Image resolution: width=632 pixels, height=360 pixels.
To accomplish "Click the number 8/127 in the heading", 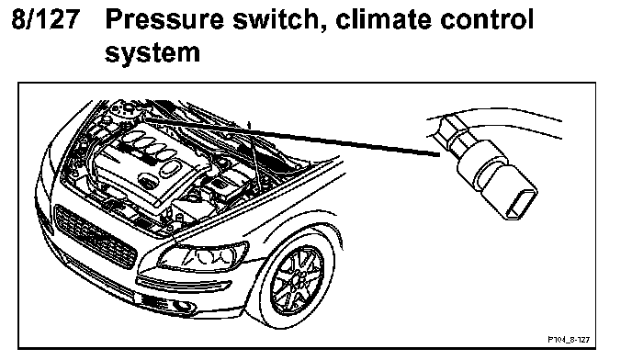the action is pyautogui.click(x=46, y=18).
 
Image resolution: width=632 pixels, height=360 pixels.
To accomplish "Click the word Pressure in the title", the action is pyautogui.click(x=164, y=19).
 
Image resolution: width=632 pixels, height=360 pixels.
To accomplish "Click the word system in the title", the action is pyautogui.click(x=152, y=53).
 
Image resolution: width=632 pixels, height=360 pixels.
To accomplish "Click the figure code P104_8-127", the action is pyautogui.click(x=569, y=340).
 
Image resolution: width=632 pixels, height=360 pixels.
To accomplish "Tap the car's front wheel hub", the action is pyautogui.click(x=298, y=278).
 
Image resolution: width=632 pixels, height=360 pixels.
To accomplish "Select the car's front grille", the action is pyautogui.click(x=95, y=236).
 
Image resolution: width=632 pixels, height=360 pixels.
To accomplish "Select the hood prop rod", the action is pyautogui.click(x=254, y=157).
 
